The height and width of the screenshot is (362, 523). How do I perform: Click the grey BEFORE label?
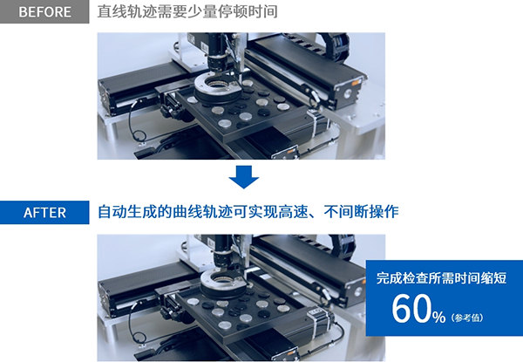point(44,11)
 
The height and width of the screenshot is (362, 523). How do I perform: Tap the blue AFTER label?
point(44,213)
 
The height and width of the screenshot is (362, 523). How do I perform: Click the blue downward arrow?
point(244,177)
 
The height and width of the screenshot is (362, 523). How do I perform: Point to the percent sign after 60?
point(438,317)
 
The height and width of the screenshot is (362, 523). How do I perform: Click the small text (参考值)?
point(467,318)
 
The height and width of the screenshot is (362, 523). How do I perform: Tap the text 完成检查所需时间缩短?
point(441,278)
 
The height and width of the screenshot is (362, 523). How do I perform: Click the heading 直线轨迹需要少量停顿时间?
point(187,11)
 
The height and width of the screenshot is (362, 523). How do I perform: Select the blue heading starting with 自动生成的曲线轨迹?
point(248,212)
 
